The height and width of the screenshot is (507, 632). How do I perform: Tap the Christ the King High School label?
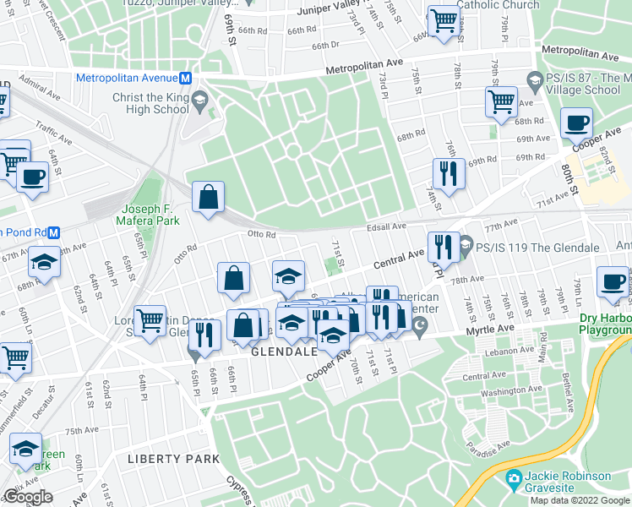pyautogui.click(x=150, y=103)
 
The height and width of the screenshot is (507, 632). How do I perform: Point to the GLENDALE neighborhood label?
pyautogui.click(x=284, y=351)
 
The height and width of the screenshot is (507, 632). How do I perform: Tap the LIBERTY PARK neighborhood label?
pyautogui.click(x=172, y=459)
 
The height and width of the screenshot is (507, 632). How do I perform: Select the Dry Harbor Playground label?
pyautogui.click(x=605, y=325)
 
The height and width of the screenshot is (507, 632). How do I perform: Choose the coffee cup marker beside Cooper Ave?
pyautogui.click(x=577, y=123)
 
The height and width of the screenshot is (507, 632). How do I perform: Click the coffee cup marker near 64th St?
pyautogui.click(x=32, y=177)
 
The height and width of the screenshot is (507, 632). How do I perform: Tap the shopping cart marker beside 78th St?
pyautogui.click(x=501, y=101)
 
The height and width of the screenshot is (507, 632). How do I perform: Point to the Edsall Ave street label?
pyautogui.click(x=386, y=226)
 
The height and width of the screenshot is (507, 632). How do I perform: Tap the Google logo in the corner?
pyautogui.click(x=28, y=497)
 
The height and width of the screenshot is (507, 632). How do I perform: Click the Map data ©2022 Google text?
pyautogui.click(x=580, y=500)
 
